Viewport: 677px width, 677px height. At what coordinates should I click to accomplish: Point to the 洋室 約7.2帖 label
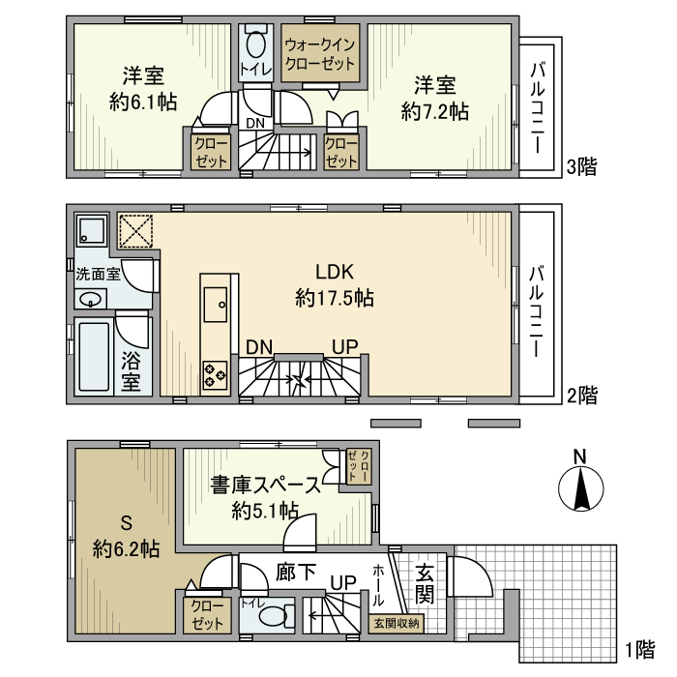pyautogui.click(x=434, y=98)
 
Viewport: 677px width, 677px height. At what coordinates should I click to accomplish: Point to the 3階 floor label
pyautogui.click(x=580, y=166)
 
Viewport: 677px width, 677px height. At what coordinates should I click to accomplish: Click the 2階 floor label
pyautogui.click(x=580, y=395)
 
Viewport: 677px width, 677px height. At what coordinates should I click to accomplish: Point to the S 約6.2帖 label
pyautogui.click(x=126, y=537)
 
